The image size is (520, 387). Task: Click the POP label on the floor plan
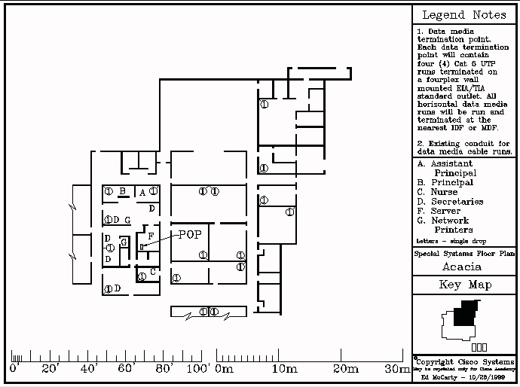click(190, 234)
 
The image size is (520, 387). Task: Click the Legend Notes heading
click(463, 15)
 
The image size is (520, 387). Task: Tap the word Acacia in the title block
click(461, 267)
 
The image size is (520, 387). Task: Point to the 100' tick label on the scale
click(199, 369)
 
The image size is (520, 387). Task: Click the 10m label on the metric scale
click(283, 369)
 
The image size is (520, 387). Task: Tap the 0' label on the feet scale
click(14, 369)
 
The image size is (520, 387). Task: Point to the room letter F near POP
click(151, 237)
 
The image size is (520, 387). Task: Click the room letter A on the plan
click(142, 193)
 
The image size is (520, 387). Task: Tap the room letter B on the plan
click(121, 191)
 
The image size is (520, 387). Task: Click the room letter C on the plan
click(153, 272)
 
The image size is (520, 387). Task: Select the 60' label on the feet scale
click(126, 369)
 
